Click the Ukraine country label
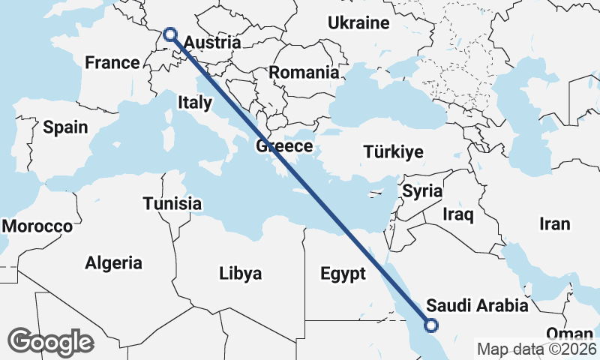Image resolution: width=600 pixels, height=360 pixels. (x=358, y=22)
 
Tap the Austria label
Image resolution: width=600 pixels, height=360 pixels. (x=212, y=43)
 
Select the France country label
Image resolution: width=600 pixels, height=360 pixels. (x=112, y=63)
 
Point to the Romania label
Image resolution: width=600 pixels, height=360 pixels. (x=304, y=73)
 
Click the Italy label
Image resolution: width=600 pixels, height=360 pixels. (x=194, y=102)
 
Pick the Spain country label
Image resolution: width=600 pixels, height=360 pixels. (x=65, y=127)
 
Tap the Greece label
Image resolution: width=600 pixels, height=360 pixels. (x=283, y=145)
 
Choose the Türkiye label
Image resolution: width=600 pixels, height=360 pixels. (x=393, y=152)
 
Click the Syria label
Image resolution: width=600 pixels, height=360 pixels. (x=422, y=190)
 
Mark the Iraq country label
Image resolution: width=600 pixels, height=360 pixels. (x=458, y=215)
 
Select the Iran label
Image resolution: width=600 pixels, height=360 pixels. (x=554, y=223)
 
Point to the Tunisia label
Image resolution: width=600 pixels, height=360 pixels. (x=172, y=203)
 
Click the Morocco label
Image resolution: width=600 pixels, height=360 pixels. (x=37, y=226)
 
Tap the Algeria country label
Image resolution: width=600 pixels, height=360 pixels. (x=113, y=263)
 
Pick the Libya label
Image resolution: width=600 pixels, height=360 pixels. (x=241, y=273)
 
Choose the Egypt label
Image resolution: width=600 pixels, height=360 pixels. (x=342, y=273)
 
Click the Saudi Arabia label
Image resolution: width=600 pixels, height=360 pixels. (x=477, y=306)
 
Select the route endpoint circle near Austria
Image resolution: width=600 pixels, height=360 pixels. (x=170, y=34)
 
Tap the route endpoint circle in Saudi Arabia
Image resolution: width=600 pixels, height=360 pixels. (x=431, y=325)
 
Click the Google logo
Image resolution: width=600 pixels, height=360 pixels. (x=51, y=342)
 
